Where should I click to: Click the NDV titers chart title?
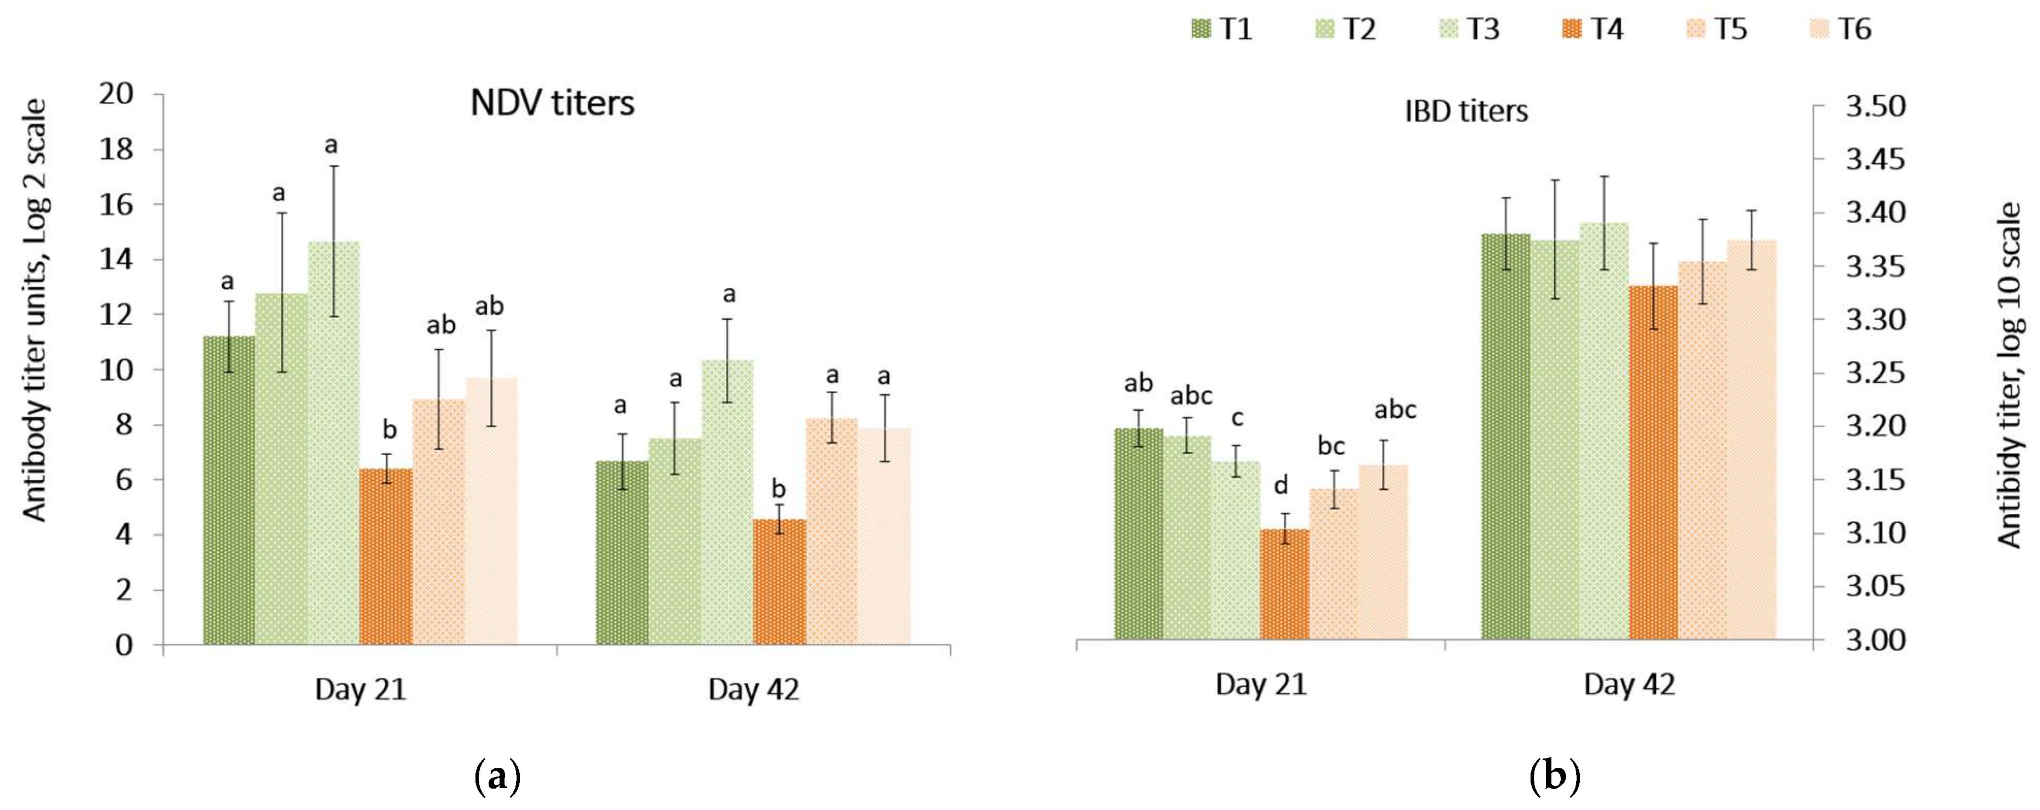[x=552, y=104]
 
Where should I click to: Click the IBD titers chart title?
[x=1466, y=111]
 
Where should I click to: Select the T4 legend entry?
[x=1594, y=29]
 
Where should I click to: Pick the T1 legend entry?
[x=1222, y=29]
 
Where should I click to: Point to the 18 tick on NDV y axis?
[x=116, y=149]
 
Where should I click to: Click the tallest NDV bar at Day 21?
[x=333, y=444]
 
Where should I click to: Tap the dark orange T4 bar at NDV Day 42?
[x=779, y=581]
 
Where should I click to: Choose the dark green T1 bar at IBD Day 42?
[x=1505, y=435]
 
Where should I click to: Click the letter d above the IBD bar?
[x=1280, y=485]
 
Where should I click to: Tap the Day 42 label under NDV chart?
[x=753, y=690]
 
